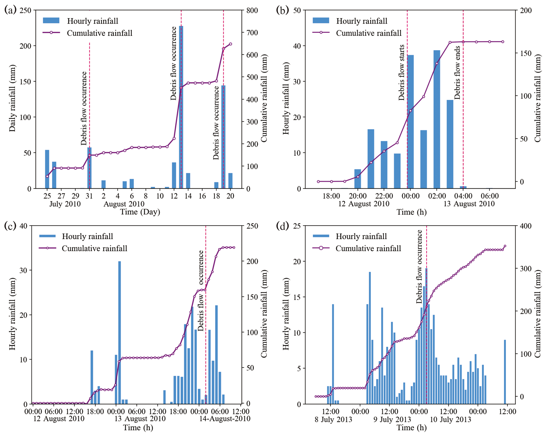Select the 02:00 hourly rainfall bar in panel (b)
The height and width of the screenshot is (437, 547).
(437, 119)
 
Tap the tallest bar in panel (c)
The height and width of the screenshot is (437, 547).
(120, 332)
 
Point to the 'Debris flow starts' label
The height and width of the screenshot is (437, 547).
(401, 72)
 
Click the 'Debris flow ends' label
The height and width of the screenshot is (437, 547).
(457, 72)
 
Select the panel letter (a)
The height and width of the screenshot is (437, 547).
(10, 10)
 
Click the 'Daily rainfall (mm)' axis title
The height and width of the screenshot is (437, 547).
(12, 98)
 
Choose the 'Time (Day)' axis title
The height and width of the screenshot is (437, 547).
(140, 212)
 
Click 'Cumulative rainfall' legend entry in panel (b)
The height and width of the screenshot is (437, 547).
(369, 33)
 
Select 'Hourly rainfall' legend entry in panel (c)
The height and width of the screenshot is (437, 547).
(87, 236)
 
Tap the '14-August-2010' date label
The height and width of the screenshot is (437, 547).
(225, 418)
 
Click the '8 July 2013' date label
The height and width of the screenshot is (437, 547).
(333, 420)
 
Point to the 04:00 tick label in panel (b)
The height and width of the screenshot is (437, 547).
(463, 196)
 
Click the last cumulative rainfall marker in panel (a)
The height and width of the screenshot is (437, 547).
(230, 44)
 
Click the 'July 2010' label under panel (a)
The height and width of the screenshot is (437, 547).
(65, 204)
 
